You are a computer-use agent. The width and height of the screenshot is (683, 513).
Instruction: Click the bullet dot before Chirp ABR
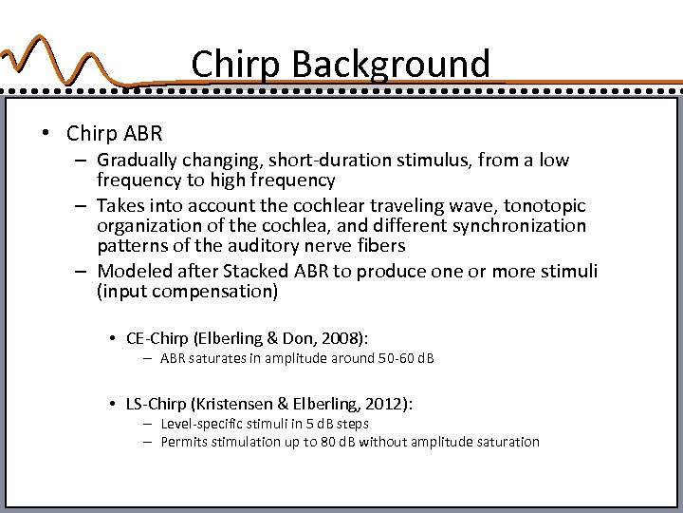(x=45, y=132)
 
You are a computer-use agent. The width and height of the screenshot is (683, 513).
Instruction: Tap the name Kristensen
(x=239, y=404)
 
